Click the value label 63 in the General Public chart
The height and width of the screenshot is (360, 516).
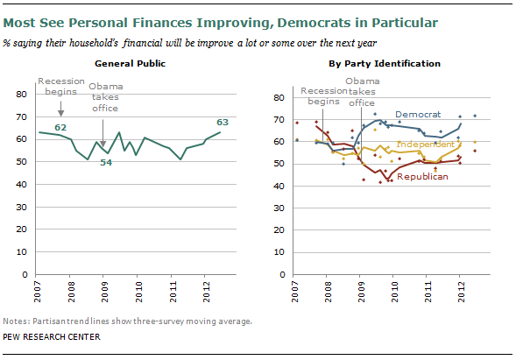223,123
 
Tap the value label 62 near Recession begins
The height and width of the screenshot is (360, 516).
60,127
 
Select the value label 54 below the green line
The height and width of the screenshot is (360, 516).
106,163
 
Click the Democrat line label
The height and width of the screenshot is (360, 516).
418,115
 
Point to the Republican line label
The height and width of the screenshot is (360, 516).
422,177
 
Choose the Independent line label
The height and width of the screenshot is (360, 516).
425,145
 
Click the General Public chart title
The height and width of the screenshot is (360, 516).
130,64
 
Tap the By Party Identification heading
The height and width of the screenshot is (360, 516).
385,64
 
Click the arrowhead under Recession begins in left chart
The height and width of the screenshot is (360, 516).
60,113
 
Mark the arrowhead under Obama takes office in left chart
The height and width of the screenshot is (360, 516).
103,144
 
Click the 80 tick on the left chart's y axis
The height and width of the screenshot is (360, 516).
21,95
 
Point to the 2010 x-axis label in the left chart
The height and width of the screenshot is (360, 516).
139,292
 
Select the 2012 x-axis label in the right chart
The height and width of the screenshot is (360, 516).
462,292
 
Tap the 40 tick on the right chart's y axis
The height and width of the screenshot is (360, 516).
279,187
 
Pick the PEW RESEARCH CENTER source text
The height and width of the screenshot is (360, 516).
52,337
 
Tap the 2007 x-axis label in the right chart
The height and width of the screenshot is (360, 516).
295,292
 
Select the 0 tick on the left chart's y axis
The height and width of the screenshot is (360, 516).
25,274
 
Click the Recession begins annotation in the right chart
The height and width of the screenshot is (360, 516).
324,95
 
